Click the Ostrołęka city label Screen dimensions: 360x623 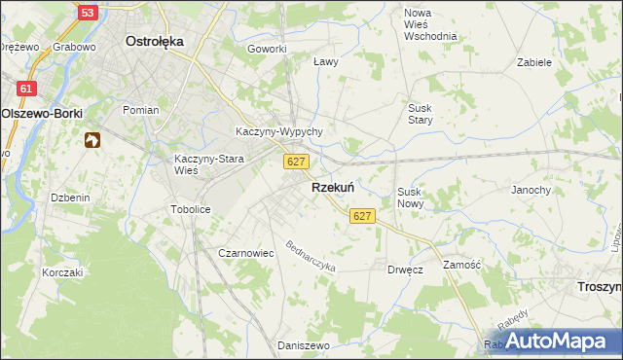[156, 42]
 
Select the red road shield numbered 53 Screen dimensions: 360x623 [87, 13]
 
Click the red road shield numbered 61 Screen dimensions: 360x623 [25, 89]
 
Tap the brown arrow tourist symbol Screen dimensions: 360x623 [92, 141]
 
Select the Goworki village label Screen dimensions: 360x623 [267, 49]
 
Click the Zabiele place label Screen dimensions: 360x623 [534, 61]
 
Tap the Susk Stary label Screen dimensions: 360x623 [420, 114]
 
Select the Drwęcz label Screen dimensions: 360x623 [405, 270]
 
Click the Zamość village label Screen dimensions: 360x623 [462, 265]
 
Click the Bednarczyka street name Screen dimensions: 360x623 [311, 255]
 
